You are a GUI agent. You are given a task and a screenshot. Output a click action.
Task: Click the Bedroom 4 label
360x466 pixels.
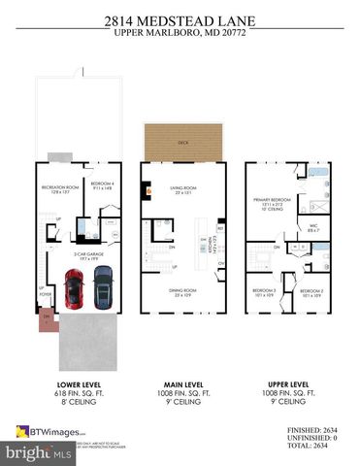[102, 185]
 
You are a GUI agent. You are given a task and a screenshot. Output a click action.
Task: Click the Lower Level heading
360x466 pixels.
[77, 383]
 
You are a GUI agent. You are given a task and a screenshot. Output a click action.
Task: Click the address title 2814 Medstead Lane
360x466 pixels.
[180, 17]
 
